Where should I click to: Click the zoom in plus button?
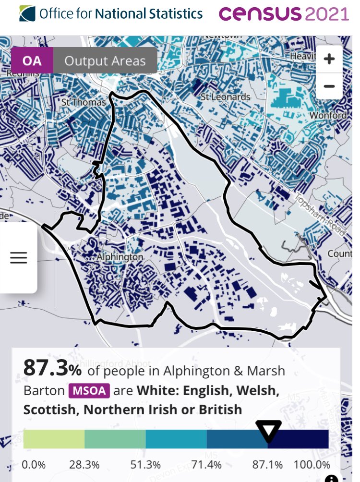329,60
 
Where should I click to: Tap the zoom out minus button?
329,86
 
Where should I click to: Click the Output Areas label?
105,61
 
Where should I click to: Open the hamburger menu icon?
19,258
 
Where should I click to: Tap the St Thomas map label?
84,102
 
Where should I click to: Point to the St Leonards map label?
226,97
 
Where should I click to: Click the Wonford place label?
328,116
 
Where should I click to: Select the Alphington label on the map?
120,257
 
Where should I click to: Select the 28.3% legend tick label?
84,465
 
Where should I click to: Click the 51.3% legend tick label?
145,465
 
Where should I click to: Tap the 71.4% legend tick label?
207,465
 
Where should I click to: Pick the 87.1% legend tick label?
267,465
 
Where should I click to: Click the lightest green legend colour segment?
54,439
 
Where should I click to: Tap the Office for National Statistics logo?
112,13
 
